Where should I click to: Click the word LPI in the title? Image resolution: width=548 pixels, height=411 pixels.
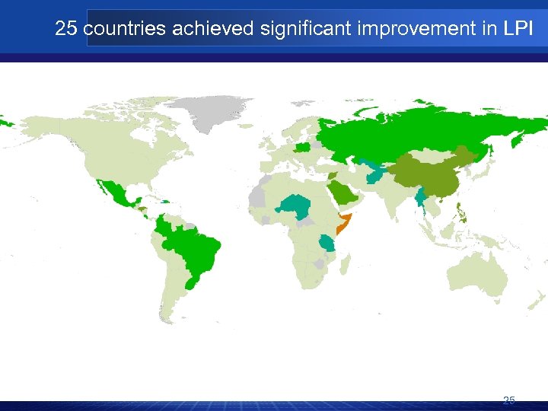coord(519,30)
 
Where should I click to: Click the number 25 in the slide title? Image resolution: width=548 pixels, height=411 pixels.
coord(66,30)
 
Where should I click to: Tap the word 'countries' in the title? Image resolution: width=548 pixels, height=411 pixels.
coord(124,30)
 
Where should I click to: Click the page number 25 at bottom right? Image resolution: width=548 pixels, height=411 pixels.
coord(509,400)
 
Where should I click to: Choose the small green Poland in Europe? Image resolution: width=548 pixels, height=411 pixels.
coord(302,147)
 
